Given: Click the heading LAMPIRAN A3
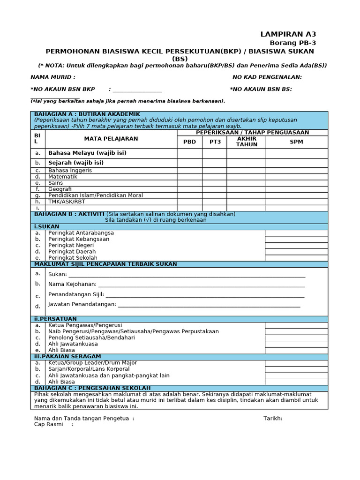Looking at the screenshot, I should pos(288,34).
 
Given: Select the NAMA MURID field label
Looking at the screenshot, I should pos(52,77).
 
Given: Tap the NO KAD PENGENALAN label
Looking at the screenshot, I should pos(267,77).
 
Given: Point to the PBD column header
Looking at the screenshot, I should pos(189,142).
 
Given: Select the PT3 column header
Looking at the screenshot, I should pos(215,142).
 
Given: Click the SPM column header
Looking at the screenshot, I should pos(296,142).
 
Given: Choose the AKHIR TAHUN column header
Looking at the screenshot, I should pos(246,142).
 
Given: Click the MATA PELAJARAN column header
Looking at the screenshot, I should pos(111,139).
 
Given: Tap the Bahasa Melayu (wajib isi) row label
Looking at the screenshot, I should pos(87,153).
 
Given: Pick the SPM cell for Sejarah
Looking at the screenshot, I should pos(296,163).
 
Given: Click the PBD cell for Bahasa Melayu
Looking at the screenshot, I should pos(189,153).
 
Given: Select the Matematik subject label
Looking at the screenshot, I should pos(63,177).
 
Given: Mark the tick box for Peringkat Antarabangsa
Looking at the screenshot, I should pos(296,233).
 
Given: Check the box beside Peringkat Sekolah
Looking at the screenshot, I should pos(296,258).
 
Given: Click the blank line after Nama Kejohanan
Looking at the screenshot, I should pos(202,285).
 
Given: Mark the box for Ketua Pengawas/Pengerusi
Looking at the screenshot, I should pos(296,325).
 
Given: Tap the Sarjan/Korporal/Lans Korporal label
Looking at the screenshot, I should pos(89,369).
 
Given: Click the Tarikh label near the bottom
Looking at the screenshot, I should pos(273,419).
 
